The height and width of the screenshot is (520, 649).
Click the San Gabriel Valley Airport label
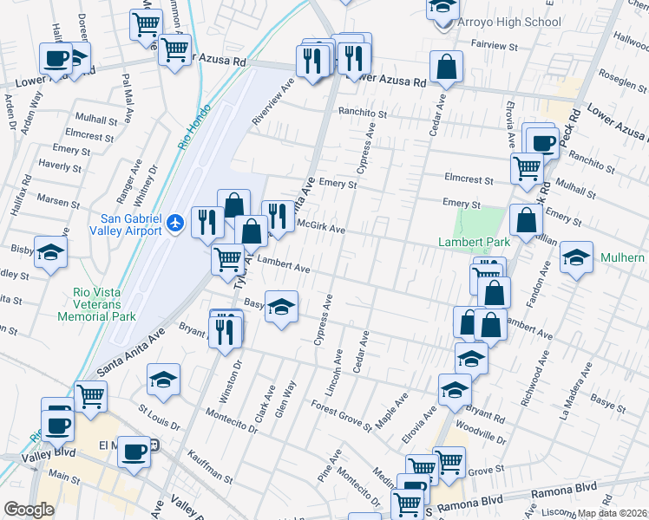tap(126, 224)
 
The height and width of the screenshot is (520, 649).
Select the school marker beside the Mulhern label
tap(576, 257)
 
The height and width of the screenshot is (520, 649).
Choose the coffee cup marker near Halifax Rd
tap(56, 59)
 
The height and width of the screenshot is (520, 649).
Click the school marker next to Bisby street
tap(50, 253)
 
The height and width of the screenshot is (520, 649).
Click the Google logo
tap(29, 510)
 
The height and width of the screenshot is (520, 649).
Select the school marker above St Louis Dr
tap(163, 379)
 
